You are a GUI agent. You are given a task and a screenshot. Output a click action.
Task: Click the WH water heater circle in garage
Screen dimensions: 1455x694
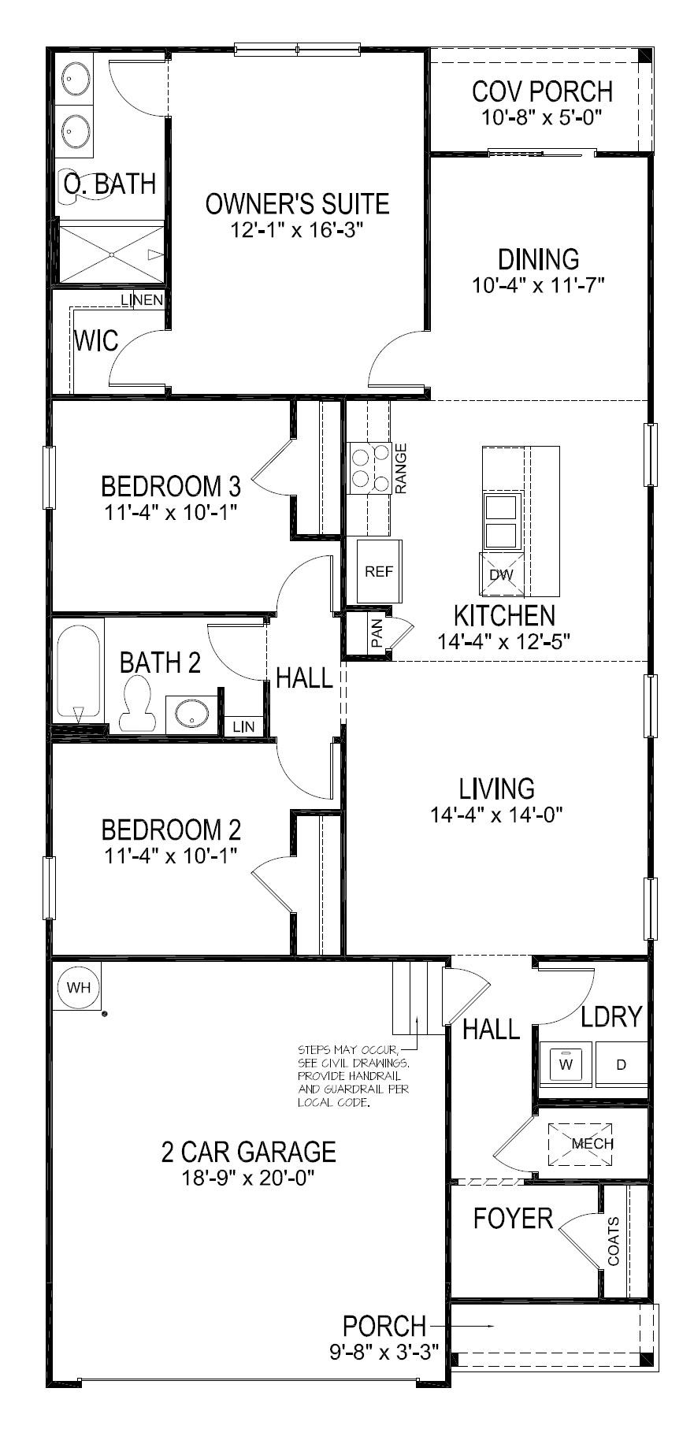click(78, 988)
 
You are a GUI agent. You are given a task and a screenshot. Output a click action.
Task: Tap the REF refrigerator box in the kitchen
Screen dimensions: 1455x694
click(379, 572)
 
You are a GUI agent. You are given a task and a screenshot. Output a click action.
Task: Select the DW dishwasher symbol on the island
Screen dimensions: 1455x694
click(501, 574)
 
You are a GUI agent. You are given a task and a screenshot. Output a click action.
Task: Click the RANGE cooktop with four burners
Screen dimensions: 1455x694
click(370, 468)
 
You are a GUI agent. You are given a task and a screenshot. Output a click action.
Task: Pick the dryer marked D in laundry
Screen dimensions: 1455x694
click(621, 1064)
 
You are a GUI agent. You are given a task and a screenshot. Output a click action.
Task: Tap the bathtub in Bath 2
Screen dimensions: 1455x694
click(78, 672)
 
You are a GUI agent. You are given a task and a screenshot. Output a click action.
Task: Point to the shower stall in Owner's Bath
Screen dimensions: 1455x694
click(111, 254)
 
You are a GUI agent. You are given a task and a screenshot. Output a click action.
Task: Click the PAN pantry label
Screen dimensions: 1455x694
click(377, 634)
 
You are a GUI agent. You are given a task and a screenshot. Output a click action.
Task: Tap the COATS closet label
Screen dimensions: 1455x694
click(613, 1242)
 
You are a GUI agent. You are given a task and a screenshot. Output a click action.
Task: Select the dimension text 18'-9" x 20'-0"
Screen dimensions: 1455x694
click(248, 1178)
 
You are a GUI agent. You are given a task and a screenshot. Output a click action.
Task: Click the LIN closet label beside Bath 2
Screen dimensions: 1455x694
click(243, 726)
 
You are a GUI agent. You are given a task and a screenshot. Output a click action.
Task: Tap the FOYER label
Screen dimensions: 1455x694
click(513, 1219)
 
